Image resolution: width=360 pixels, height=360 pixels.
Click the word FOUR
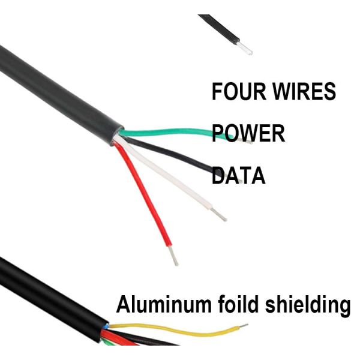[236, 92]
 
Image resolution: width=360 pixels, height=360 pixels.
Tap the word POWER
[248, 133]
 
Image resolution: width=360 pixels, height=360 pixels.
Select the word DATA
[239, 175]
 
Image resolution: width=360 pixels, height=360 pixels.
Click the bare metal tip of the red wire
[175, 259]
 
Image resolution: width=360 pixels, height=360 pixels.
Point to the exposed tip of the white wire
[220, 214]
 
